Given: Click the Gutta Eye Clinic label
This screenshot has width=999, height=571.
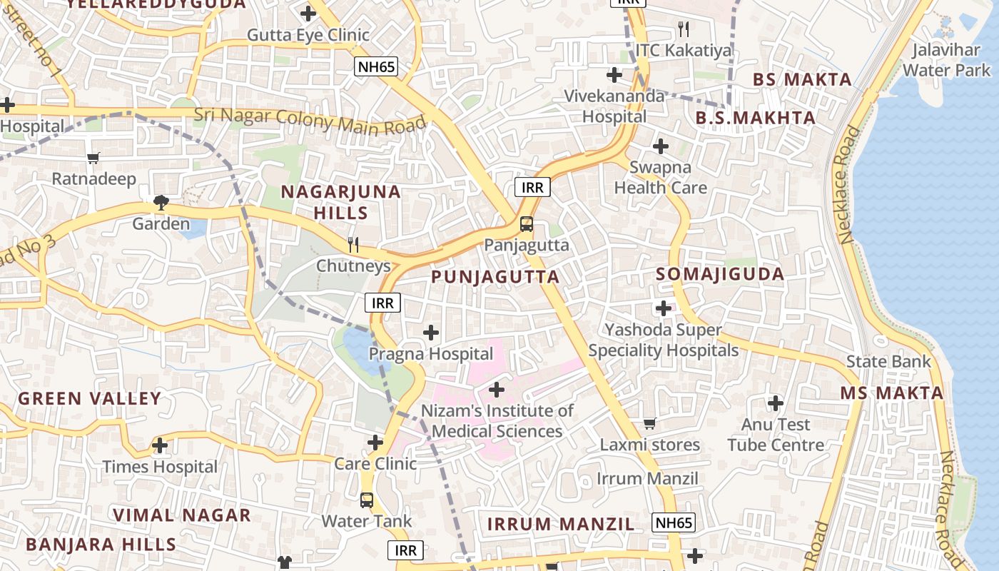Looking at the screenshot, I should tap(308, 35).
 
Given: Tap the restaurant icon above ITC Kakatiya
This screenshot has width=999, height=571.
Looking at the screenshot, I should tap(684, 29).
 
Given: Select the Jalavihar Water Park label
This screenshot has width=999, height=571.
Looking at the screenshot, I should tap(947, 60).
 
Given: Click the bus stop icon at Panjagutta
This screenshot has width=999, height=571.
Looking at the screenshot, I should tap(527, 224).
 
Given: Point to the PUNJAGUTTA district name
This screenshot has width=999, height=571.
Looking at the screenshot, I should tap(495, 277).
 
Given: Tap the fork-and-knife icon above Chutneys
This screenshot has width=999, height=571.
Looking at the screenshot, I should tap(353, 245).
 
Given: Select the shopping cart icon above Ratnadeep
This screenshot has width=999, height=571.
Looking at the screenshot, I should tap(93, 158).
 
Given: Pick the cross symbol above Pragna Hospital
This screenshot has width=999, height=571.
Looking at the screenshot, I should tap(431, 333).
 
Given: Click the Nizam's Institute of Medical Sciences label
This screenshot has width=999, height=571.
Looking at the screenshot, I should tap(497, 421).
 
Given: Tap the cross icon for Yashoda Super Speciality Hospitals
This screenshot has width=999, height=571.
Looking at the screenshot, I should tap(664, 308).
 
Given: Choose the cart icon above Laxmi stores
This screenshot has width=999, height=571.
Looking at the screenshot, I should tap(649, 424).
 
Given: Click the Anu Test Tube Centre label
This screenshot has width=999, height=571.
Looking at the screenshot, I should tap(776, 435).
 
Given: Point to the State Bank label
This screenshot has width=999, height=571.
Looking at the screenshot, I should tap(888, 361).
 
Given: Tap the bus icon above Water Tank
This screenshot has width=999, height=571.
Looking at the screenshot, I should tap(367, 500).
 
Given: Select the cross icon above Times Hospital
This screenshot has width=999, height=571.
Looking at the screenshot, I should tap(160, 446).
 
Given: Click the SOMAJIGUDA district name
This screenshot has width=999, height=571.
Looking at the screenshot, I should tap(720, 274).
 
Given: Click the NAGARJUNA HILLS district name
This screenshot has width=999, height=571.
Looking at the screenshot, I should tap(341, 202).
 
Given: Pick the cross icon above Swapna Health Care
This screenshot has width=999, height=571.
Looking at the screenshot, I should tap(661, 147).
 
